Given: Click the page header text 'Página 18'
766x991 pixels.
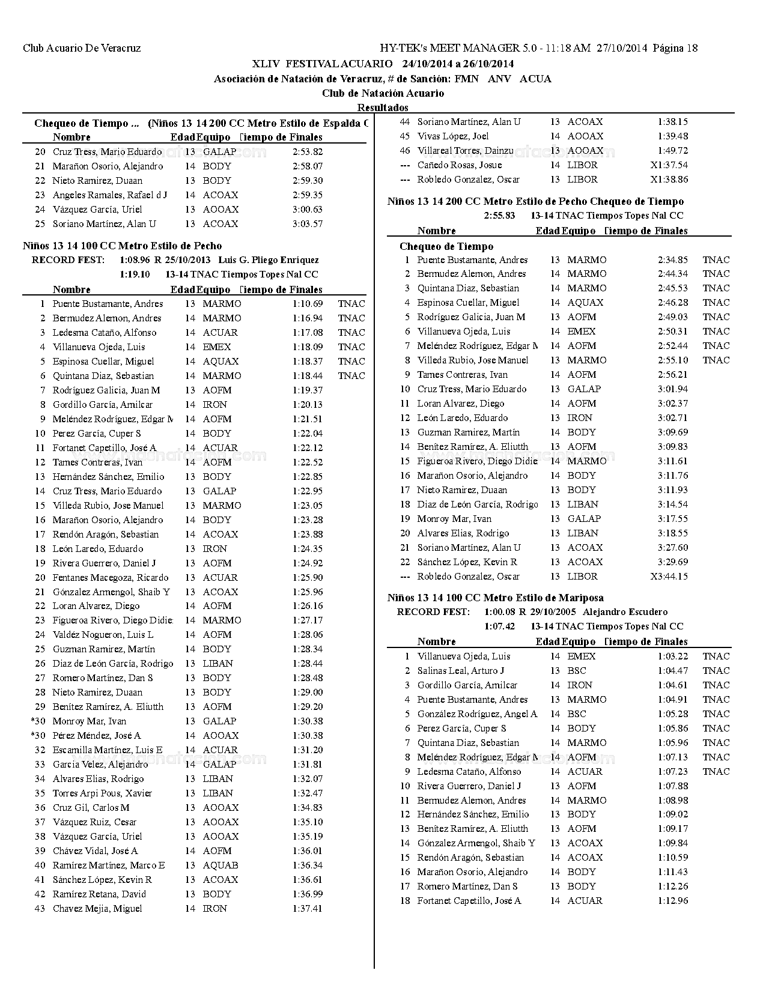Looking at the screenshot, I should pyautogui.click(x=675, y=48).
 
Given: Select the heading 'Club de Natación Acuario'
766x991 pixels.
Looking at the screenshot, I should pyautogui.click(x=383, y=93).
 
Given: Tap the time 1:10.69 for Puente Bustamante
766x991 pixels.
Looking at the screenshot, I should pyautogui.click(x=307, y=304).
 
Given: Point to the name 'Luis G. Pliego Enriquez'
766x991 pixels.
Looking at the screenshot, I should pyautogui.click(x=269, y=260).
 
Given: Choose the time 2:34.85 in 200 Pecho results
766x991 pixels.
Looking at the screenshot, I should pyautogui.click(x=672, y=260).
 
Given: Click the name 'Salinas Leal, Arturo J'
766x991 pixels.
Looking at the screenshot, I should pyautogui.click(x=460, y=671).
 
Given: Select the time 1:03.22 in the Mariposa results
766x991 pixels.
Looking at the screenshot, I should pyautogui.click(x=672, y=656).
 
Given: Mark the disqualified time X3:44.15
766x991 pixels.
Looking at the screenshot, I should pyautogui.click(x=669, y=577).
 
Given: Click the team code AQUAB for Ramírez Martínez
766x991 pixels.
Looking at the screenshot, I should pyautogui.click(x=220, y=865).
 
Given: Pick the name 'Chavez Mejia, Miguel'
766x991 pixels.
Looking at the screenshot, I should pyautogui.click(x=97, y=909).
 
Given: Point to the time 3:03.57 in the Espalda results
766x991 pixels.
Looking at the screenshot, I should pyautogui.click(x=307, y=224).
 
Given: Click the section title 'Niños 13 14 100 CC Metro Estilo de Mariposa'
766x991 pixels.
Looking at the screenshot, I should pyautogui.click(x=495, y=598).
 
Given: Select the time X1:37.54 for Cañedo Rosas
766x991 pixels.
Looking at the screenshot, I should pyautogui.click(x=669, y=165).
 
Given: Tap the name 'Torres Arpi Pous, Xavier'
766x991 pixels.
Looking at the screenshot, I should pyautogui.click(x=102, y=793).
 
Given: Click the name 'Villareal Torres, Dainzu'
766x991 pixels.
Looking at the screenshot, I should pyautogui.click(x=465, y=151).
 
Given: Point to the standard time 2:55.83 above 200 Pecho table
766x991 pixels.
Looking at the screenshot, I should pyautogui.click(x=499, y=216).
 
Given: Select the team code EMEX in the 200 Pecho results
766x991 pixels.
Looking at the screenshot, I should pyautogui.click(x=581, y=332).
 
